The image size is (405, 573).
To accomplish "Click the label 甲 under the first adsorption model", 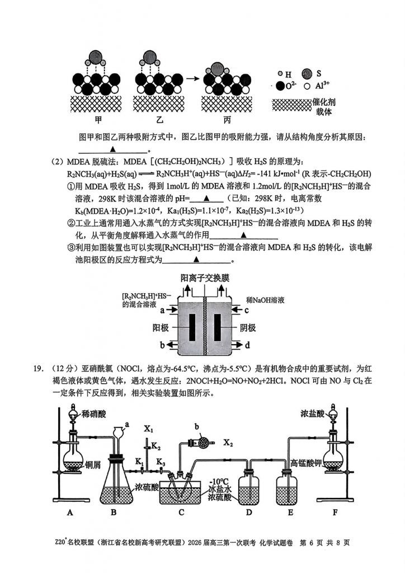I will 98,119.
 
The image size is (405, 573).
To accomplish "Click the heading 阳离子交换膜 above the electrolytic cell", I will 206,278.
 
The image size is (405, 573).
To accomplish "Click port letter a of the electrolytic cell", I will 163,309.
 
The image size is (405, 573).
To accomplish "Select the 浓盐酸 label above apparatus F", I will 310,415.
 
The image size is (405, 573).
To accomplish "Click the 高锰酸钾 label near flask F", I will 305,463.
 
